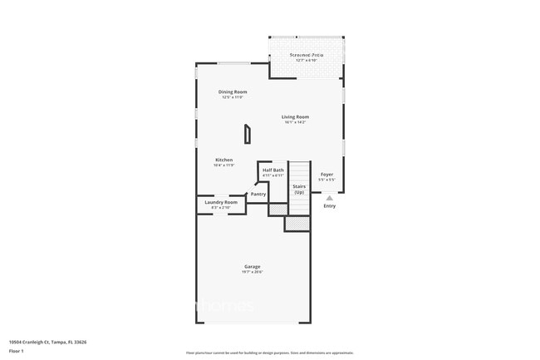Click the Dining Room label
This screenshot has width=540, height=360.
tap(233, 91)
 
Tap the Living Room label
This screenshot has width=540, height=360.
tap(295, 117)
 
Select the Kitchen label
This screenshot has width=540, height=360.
tap(223, 160)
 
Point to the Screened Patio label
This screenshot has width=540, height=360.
tap(307, 55)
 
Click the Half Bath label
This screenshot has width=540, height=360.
tap(273, 170)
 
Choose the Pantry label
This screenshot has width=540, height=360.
tap(258, 194)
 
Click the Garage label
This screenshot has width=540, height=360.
tap(253, 266)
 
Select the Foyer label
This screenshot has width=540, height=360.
tap(326, 174)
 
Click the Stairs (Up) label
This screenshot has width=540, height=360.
tap(299, 190)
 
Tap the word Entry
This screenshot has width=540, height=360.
tap(330, 207)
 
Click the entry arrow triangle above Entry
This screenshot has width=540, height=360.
tap(330, 198)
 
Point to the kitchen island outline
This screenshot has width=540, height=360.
tap(247, 134)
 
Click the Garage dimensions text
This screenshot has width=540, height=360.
tap(253, 272)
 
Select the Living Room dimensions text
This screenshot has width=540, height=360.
tap(295, 122)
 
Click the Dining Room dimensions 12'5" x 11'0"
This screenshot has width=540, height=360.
tap(233, 97)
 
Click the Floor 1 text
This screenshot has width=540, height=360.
tap(17, 351)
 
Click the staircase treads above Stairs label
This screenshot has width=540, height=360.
tap(299, 171)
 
